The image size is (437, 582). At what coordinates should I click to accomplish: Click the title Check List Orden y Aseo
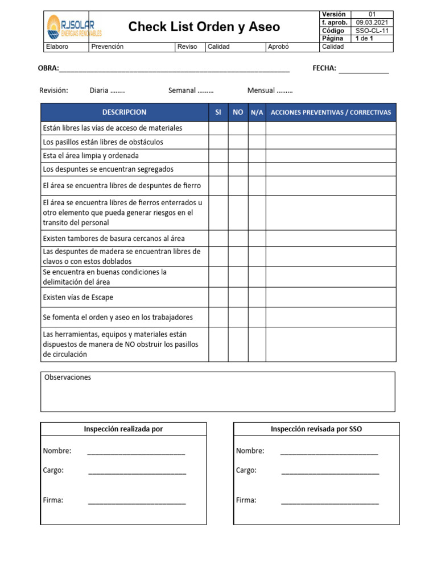click(204, 27)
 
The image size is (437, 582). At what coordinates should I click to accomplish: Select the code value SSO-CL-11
click(372, 31)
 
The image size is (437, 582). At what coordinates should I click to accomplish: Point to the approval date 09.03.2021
click(372, 23)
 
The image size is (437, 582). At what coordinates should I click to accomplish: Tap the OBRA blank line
click(174, 69)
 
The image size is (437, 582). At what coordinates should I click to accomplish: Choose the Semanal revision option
click(191, 90)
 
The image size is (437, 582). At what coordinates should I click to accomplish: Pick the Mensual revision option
click(270, 90)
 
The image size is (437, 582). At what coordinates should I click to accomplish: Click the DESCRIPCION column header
click(124, 113)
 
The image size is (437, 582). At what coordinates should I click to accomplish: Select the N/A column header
click(257, 113)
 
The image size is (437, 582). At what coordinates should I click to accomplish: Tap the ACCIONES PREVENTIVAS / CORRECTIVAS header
click(331, 113)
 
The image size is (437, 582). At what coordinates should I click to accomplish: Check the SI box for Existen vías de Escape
click(218, 297)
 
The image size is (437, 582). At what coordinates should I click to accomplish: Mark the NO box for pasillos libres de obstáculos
click(238, 142)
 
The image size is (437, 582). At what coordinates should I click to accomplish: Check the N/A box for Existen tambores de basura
click(257, 239)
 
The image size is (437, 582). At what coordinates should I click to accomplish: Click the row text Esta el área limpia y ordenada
click(91, 156)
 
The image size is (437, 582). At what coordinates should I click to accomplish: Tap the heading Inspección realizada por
click(123, 429)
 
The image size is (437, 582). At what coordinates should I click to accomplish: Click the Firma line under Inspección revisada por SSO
click(329, 501)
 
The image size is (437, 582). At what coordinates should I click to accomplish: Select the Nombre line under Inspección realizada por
click(136, 452)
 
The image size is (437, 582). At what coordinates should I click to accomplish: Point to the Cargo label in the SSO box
click(246, 471)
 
